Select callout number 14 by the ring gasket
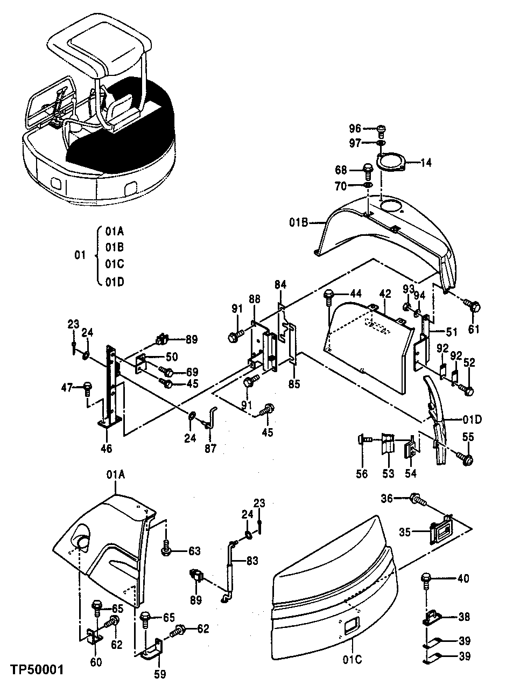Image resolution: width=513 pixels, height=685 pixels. click(425, 162)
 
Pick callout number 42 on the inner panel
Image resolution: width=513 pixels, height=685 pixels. click(384, 294)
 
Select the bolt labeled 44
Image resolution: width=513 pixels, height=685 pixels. click(328, 295)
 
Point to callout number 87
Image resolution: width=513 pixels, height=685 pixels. click(210, 448)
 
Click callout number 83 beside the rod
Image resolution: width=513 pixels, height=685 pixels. click(251, 561)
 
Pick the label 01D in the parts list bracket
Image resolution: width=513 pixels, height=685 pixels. click(115, 282)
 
